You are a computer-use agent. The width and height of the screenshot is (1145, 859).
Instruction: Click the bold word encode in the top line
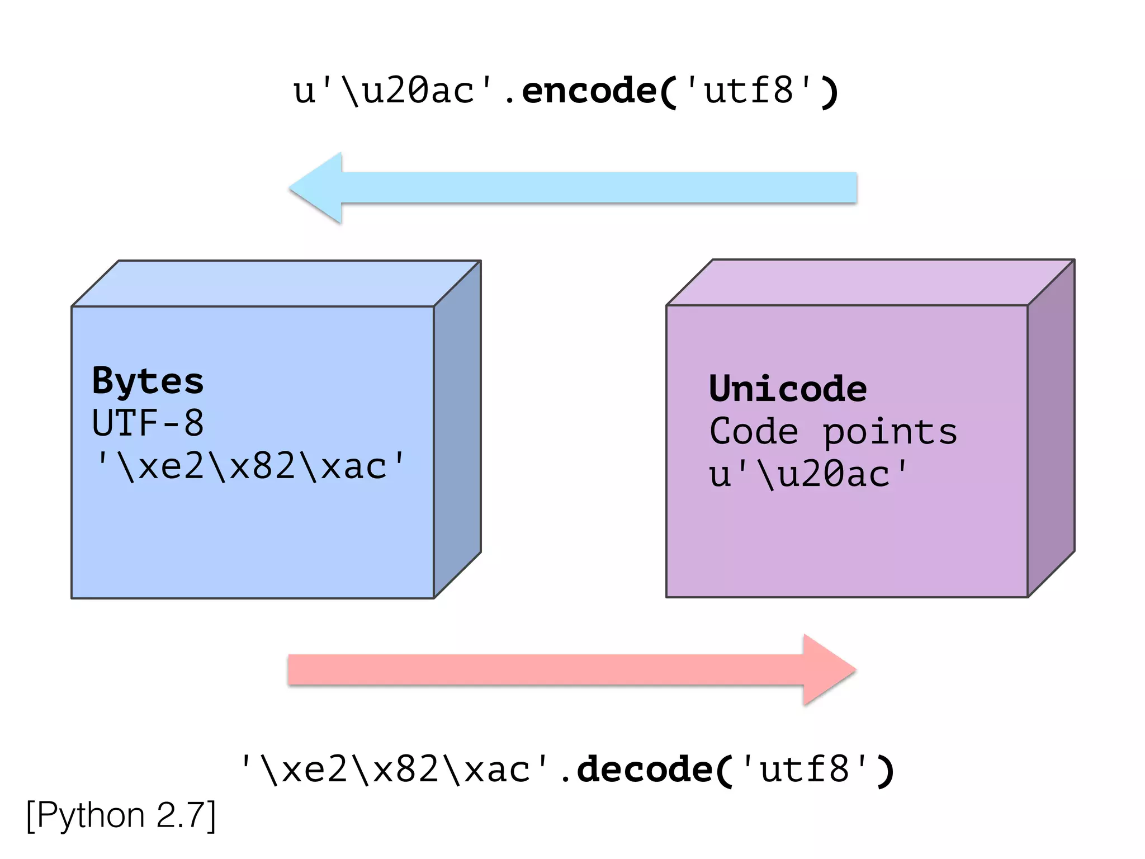point(589,91)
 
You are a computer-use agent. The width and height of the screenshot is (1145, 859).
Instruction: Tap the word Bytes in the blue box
point(148,381)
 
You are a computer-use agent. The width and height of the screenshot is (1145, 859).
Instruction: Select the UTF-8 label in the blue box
point(148,423)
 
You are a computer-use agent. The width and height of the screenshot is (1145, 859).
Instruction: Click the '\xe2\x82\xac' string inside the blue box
point(249,466)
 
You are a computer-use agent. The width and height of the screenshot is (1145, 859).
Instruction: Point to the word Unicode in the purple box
point(788,389)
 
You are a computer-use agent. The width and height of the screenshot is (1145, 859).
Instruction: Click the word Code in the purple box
point(754,431)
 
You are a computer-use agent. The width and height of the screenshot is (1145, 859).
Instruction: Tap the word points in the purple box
point(890,432)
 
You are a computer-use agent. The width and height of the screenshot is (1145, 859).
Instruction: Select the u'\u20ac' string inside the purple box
point(808,474)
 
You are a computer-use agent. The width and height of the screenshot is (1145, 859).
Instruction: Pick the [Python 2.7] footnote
point(121,816)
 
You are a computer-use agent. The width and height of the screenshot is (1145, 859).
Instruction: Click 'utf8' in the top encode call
point(749,91)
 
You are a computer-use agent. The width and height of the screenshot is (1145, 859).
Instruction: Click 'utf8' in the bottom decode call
point(805,770)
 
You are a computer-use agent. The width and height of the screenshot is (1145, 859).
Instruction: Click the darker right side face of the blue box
point(457,431)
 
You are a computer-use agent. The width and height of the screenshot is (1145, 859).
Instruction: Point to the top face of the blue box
point(277,283)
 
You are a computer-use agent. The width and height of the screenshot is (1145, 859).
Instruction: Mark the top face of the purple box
point(870,282)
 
